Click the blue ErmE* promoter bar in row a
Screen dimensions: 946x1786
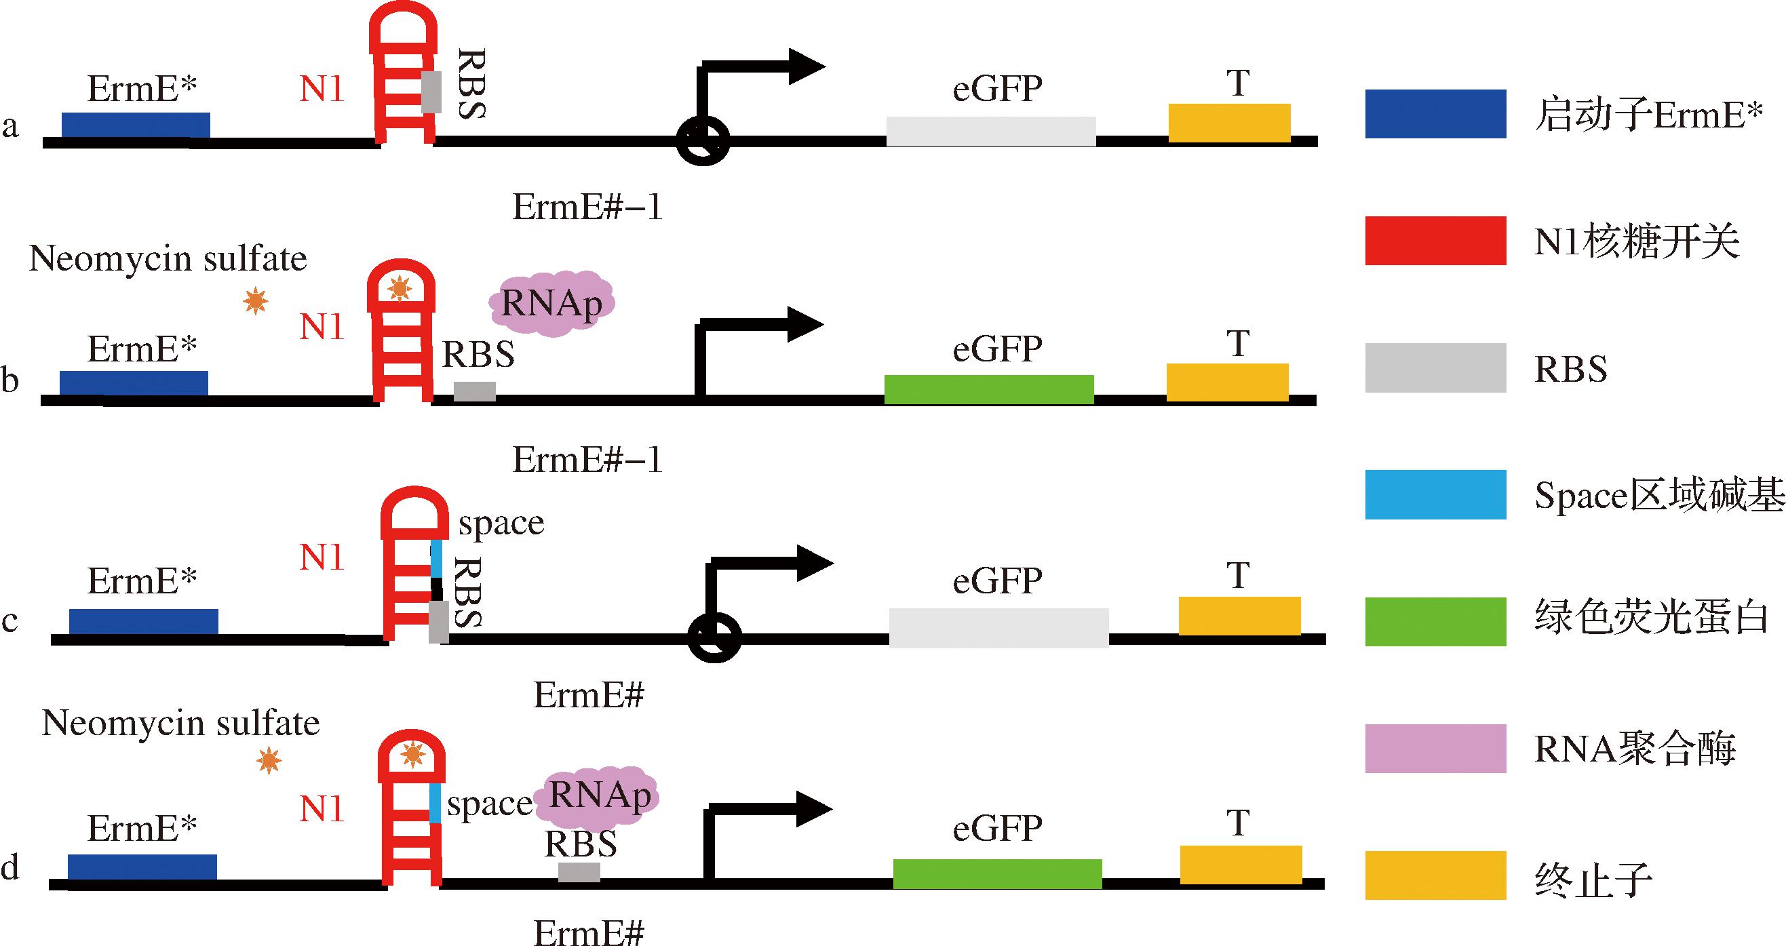pyautogui.click(x=136, y=125)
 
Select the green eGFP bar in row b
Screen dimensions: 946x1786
pyautogui.click(x=989, y=389)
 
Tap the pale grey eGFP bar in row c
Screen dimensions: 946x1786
pyautogui.click(x=998, y=627)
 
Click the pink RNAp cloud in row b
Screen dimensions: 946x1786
pyautogui.click(x=551, y=304)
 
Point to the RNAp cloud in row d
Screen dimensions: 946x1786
pyautogui.click(x=600, y=796)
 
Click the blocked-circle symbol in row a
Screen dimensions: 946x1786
pyautogui.click(x=702, y=140)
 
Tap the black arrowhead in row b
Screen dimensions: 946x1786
pyautogui.click(x=804, y=323)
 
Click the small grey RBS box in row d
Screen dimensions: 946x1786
pyautogui.click(x=579, y=872)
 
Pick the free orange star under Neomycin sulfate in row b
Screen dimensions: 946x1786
pyautogui.click(x=256, y=302)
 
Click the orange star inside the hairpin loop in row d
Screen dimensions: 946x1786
pyautogui.click(x=412, y=753)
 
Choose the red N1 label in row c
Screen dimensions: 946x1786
pyautogui.click(x=322, y=557)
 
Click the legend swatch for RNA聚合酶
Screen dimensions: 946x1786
pyautogui.click(x=1435, y=749)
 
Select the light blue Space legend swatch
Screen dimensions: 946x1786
pyautogui.click(x=1435, y=495)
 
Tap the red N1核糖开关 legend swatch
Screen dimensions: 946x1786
pyautogui.click(x=1435, y=241)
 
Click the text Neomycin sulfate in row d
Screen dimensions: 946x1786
pyautogui.click(x=181, y=724)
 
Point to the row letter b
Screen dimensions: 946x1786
pyautogui.click(x=10, y=380)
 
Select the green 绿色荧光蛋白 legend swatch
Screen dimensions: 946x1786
pyautogui.click(x=1435, y=622)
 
